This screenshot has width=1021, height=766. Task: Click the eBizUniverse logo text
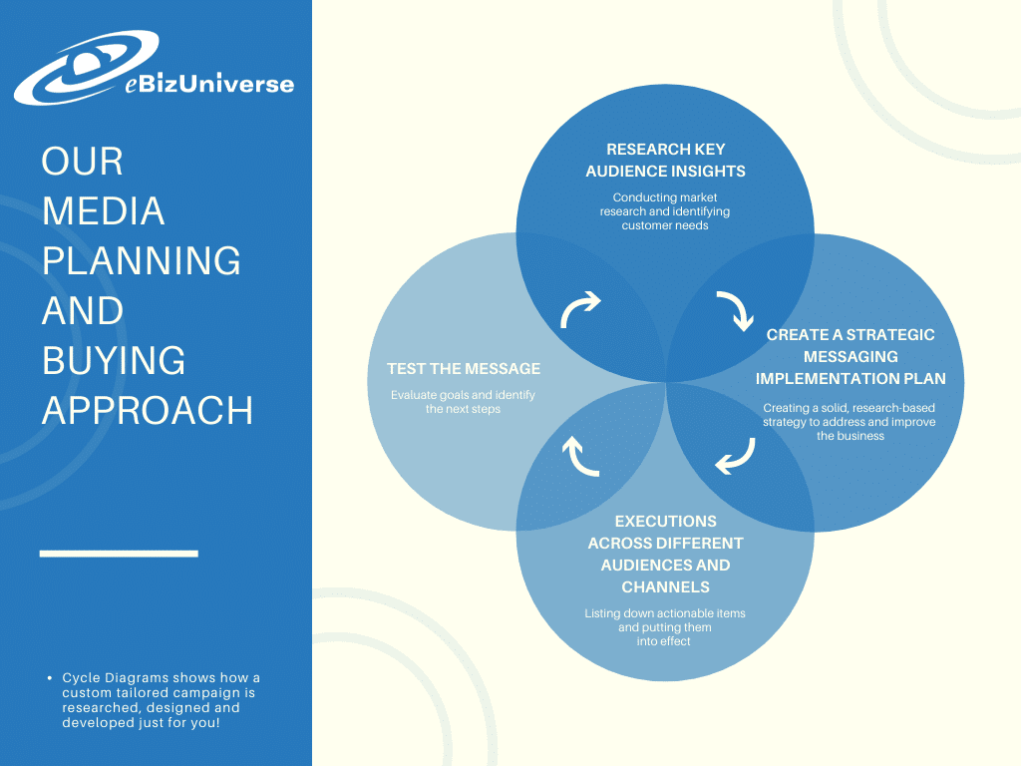[209, 84]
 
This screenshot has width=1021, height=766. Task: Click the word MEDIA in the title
[103, 211]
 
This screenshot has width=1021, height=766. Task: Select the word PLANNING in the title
[142, 260]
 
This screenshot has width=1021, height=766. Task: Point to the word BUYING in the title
[114, 360]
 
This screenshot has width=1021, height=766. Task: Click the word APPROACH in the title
[148, 410]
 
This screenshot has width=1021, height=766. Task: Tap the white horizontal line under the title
[119, 554]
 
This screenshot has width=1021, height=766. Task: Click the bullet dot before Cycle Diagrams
[50, 678]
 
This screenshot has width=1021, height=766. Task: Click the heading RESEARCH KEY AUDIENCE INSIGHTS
[665, 161]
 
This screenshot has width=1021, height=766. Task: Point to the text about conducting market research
[665, 211]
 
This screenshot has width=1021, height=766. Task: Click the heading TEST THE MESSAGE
[464, 369]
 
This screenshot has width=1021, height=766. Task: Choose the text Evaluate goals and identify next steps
[463, 402]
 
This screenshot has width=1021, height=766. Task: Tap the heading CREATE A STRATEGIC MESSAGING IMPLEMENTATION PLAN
[851, 356]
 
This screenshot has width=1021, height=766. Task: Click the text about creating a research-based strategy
[850, 422]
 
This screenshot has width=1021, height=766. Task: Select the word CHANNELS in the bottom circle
[665, 586]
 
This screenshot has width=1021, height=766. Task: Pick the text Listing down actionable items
[665, 613]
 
